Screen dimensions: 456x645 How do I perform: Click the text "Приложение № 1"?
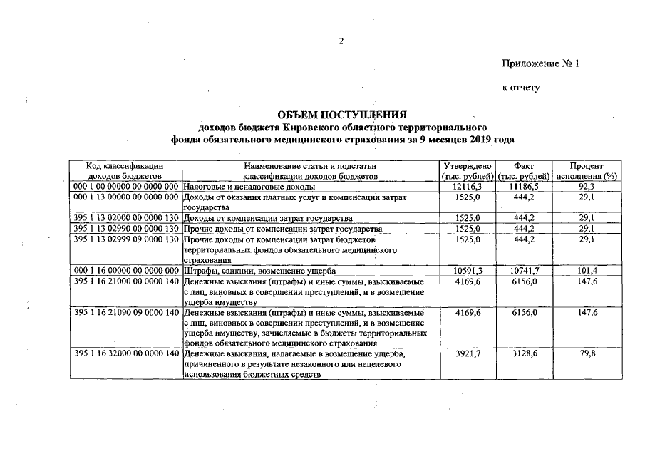pos(541,64)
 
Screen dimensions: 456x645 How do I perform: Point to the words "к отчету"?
pos(521,88)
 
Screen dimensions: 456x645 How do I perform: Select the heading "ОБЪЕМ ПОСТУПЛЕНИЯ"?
pos(342,114)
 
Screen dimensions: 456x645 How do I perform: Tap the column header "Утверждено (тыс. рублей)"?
pos(468,170)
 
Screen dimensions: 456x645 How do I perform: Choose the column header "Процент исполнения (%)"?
pos(587,170)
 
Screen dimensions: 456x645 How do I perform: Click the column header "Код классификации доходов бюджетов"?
pos(125,170)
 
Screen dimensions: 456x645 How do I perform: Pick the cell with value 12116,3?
pos(468,185)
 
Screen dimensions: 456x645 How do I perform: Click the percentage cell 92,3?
pos(587,185)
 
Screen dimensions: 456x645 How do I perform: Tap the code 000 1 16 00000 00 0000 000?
pos(125,271)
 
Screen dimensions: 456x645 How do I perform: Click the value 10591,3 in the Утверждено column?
pos(468,271)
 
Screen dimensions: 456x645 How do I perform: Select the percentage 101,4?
pos(587,271)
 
